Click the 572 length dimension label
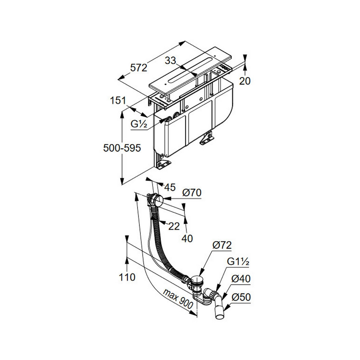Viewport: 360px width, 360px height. [139, 68]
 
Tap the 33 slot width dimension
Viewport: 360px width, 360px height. [171, 60]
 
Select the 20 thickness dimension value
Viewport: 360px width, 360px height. [245, 81]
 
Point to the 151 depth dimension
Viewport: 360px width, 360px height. [118, 100]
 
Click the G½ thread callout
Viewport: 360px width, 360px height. [139, 124]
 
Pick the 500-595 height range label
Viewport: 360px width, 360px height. [122, 148]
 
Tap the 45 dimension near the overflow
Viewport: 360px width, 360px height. [170, 187]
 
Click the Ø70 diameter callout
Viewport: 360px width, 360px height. [192, 192]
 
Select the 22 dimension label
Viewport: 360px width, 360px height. [174, 226]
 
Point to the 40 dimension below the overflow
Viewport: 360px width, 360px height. [187, 239]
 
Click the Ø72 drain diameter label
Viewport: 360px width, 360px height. [222, 245]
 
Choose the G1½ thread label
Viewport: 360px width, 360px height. [238, 262]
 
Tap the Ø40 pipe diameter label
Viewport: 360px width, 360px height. [241, 279]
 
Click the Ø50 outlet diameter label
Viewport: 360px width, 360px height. [241, 297]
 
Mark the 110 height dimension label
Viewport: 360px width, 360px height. [127, 277]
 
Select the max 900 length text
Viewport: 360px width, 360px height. [178, 299]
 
